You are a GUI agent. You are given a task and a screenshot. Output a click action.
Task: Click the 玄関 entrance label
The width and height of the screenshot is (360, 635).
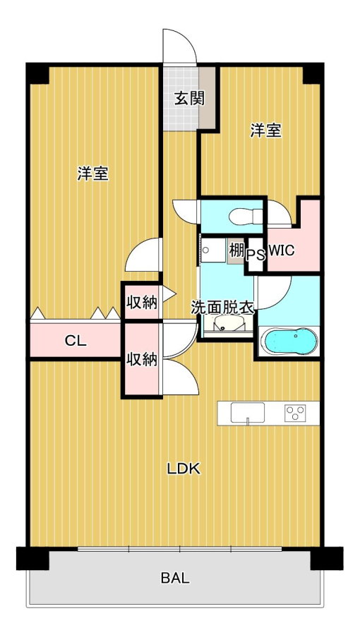click(x=189, y=98)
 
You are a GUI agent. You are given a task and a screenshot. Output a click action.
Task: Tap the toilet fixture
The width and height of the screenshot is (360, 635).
click(x=246, y=217)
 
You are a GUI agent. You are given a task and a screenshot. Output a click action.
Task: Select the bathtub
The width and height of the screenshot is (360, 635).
click(x=288, y=341)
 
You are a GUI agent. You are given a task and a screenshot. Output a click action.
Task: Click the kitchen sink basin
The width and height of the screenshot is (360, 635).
click(x=248, y=413)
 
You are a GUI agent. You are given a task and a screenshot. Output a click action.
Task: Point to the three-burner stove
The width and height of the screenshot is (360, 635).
click(x=295, y=413)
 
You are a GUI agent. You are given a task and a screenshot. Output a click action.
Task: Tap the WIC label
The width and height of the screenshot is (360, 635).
click(x=281, y=251)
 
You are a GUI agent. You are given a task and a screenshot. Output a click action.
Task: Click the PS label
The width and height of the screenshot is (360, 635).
click(x=256, y=255)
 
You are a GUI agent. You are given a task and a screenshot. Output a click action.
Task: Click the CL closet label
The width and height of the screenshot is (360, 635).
click(x=76, y=341)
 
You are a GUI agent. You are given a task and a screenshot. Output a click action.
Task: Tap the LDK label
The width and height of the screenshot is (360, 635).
click(x=184, y=468)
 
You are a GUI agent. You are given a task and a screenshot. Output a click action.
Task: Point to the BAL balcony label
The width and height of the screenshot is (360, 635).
click(x=175, y=579)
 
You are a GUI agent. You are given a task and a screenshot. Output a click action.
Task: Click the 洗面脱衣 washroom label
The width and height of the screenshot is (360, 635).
click(x=223, y=308)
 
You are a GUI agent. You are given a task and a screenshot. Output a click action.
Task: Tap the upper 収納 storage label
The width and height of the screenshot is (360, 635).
click(x=141, y=302)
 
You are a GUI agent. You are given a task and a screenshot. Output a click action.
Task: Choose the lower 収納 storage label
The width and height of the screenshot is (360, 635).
click(x=141, y=359)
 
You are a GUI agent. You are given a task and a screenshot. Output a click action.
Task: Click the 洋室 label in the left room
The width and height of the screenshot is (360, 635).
click(x=93, y=174)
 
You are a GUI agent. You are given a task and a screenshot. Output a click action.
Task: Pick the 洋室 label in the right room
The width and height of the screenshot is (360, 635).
click(x=265, y=131)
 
